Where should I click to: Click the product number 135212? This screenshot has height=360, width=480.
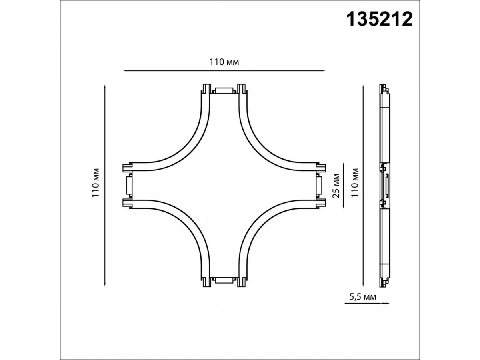tap(379, 20)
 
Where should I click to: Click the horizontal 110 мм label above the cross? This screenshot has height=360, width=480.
tap(224, 62)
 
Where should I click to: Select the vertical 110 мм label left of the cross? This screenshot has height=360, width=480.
tap(96, 183)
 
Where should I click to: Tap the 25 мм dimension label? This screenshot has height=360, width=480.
tap(336, 186)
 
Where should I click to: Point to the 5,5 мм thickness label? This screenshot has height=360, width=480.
tap(363, 297)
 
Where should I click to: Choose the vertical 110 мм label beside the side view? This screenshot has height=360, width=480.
tap(355, 183)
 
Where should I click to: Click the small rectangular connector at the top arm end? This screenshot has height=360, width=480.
tap(224, 91)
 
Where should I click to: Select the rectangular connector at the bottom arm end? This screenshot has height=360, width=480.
tap(224, 280)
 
